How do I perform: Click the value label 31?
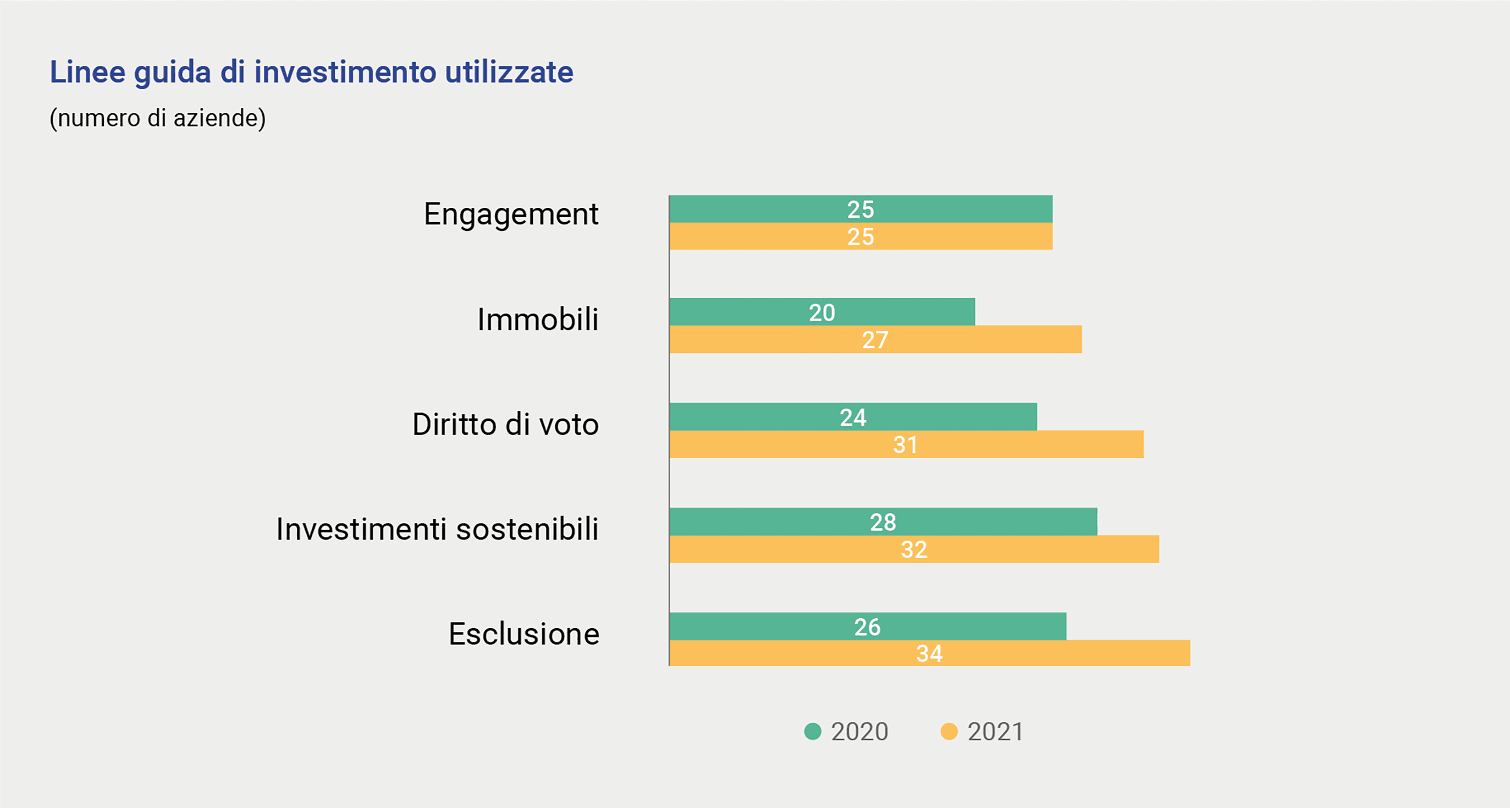click(x=905, y=445)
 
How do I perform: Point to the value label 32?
click(x=914, y=550)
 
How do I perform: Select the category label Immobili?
click(x=538, y=320)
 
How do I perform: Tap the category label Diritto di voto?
click(x=505, y=425)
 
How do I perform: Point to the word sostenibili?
click(x=527, y=529)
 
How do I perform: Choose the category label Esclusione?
click(x=523, y=634)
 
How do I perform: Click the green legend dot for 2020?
click(x=812, y=732)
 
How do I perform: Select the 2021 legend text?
click(x=995, y=732)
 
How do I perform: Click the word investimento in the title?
click(x=345, y=72)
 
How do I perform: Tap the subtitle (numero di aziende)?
click(x=158, y=118)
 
